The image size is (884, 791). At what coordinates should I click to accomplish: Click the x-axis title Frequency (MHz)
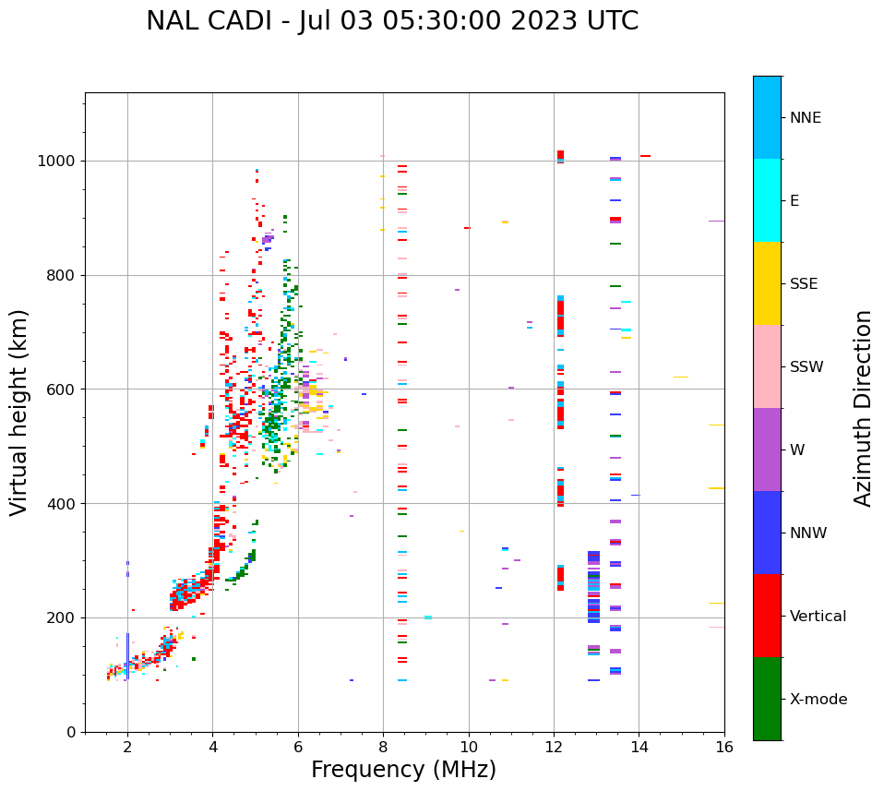click(x=403, y=770)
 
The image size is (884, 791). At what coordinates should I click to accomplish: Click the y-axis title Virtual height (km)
click(x=19, y=413)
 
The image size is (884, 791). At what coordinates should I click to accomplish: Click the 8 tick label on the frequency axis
click(x=383, y=747)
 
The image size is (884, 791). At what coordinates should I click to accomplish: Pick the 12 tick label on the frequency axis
click(x=554, y=747)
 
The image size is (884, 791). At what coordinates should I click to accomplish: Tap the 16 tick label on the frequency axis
click(x=724, y=747)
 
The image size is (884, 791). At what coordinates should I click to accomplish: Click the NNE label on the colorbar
click(x=806, y=118)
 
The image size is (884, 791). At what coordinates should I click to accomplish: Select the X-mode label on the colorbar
click(x=818, y=700)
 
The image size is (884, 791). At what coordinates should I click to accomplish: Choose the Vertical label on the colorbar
click(x=818, y=617)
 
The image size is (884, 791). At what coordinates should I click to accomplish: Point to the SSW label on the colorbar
click(x=806, y=367)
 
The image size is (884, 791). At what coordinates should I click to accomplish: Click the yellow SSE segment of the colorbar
click(x=767, y=283)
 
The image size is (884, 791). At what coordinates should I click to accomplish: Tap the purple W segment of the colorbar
click(x=767, y=449)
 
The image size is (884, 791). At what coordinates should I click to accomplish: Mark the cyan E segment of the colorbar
click(x=767, y=200)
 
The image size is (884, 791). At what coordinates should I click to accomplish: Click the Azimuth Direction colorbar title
click(x=864, y=408)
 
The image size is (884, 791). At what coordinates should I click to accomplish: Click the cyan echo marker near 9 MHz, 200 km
click(x=428, y=617)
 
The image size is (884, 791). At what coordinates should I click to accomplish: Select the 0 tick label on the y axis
click(x=70, y=732)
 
